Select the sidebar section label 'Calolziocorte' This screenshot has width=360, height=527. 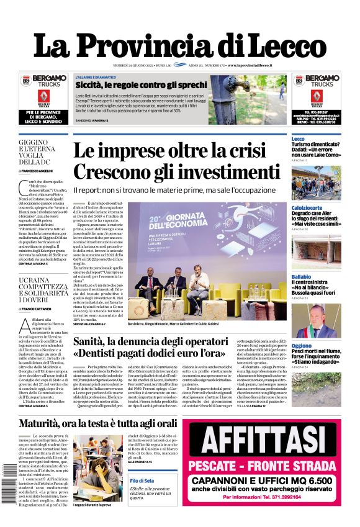(x=307, y=207)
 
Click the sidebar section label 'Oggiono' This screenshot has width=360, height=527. (x=302, y=345)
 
